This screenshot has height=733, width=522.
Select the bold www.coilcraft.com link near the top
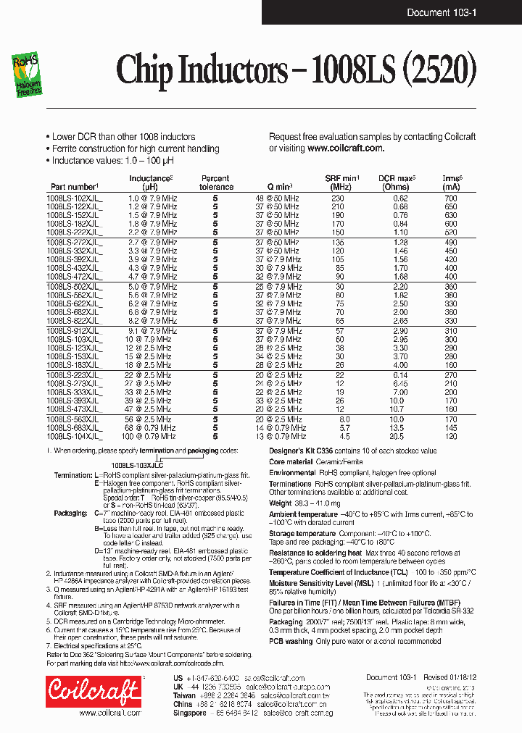345,148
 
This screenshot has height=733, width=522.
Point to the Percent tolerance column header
215,183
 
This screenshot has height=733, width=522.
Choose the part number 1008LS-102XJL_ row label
75,198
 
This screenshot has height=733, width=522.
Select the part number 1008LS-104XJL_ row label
75,437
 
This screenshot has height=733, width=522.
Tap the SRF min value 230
338,198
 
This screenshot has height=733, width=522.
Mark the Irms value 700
451,198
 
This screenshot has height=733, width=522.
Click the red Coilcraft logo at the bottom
93,691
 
